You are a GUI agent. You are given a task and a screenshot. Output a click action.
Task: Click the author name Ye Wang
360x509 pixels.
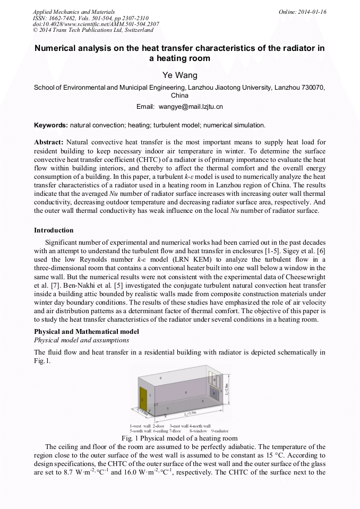coord(179,75)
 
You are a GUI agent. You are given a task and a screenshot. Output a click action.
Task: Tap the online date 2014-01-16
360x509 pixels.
coord(312,12)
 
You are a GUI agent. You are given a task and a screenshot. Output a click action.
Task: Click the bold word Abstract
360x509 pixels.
coord(49,143)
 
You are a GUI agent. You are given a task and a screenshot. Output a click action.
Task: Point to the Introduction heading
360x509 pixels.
coord(54,230)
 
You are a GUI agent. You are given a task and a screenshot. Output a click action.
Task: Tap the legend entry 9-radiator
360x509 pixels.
coord(218,430)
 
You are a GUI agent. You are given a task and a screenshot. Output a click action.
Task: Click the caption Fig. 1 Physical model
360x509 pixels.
coord(179,438)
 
